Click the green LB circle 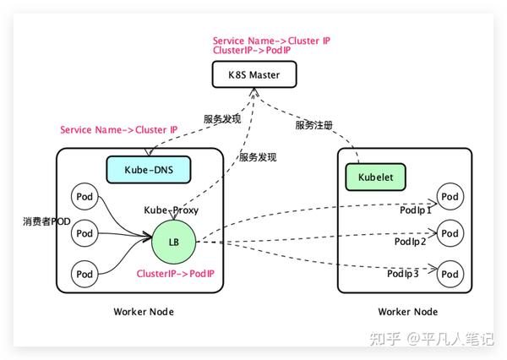point(173,242)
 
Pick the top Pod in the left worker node point(84,196)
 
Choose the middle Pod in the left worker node point(84,232)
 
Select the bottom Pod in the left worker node point(84,274)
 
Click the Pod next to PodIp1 point(450,197)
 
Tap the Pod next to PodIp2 point(450,233)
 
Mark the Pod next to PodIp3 point(450,273)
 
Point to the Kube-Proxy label point(172,210)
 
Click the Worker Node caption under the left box point(143,312)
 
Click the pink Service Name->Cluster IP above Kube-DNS point(119,130)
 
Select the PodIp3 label point(404,274)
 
